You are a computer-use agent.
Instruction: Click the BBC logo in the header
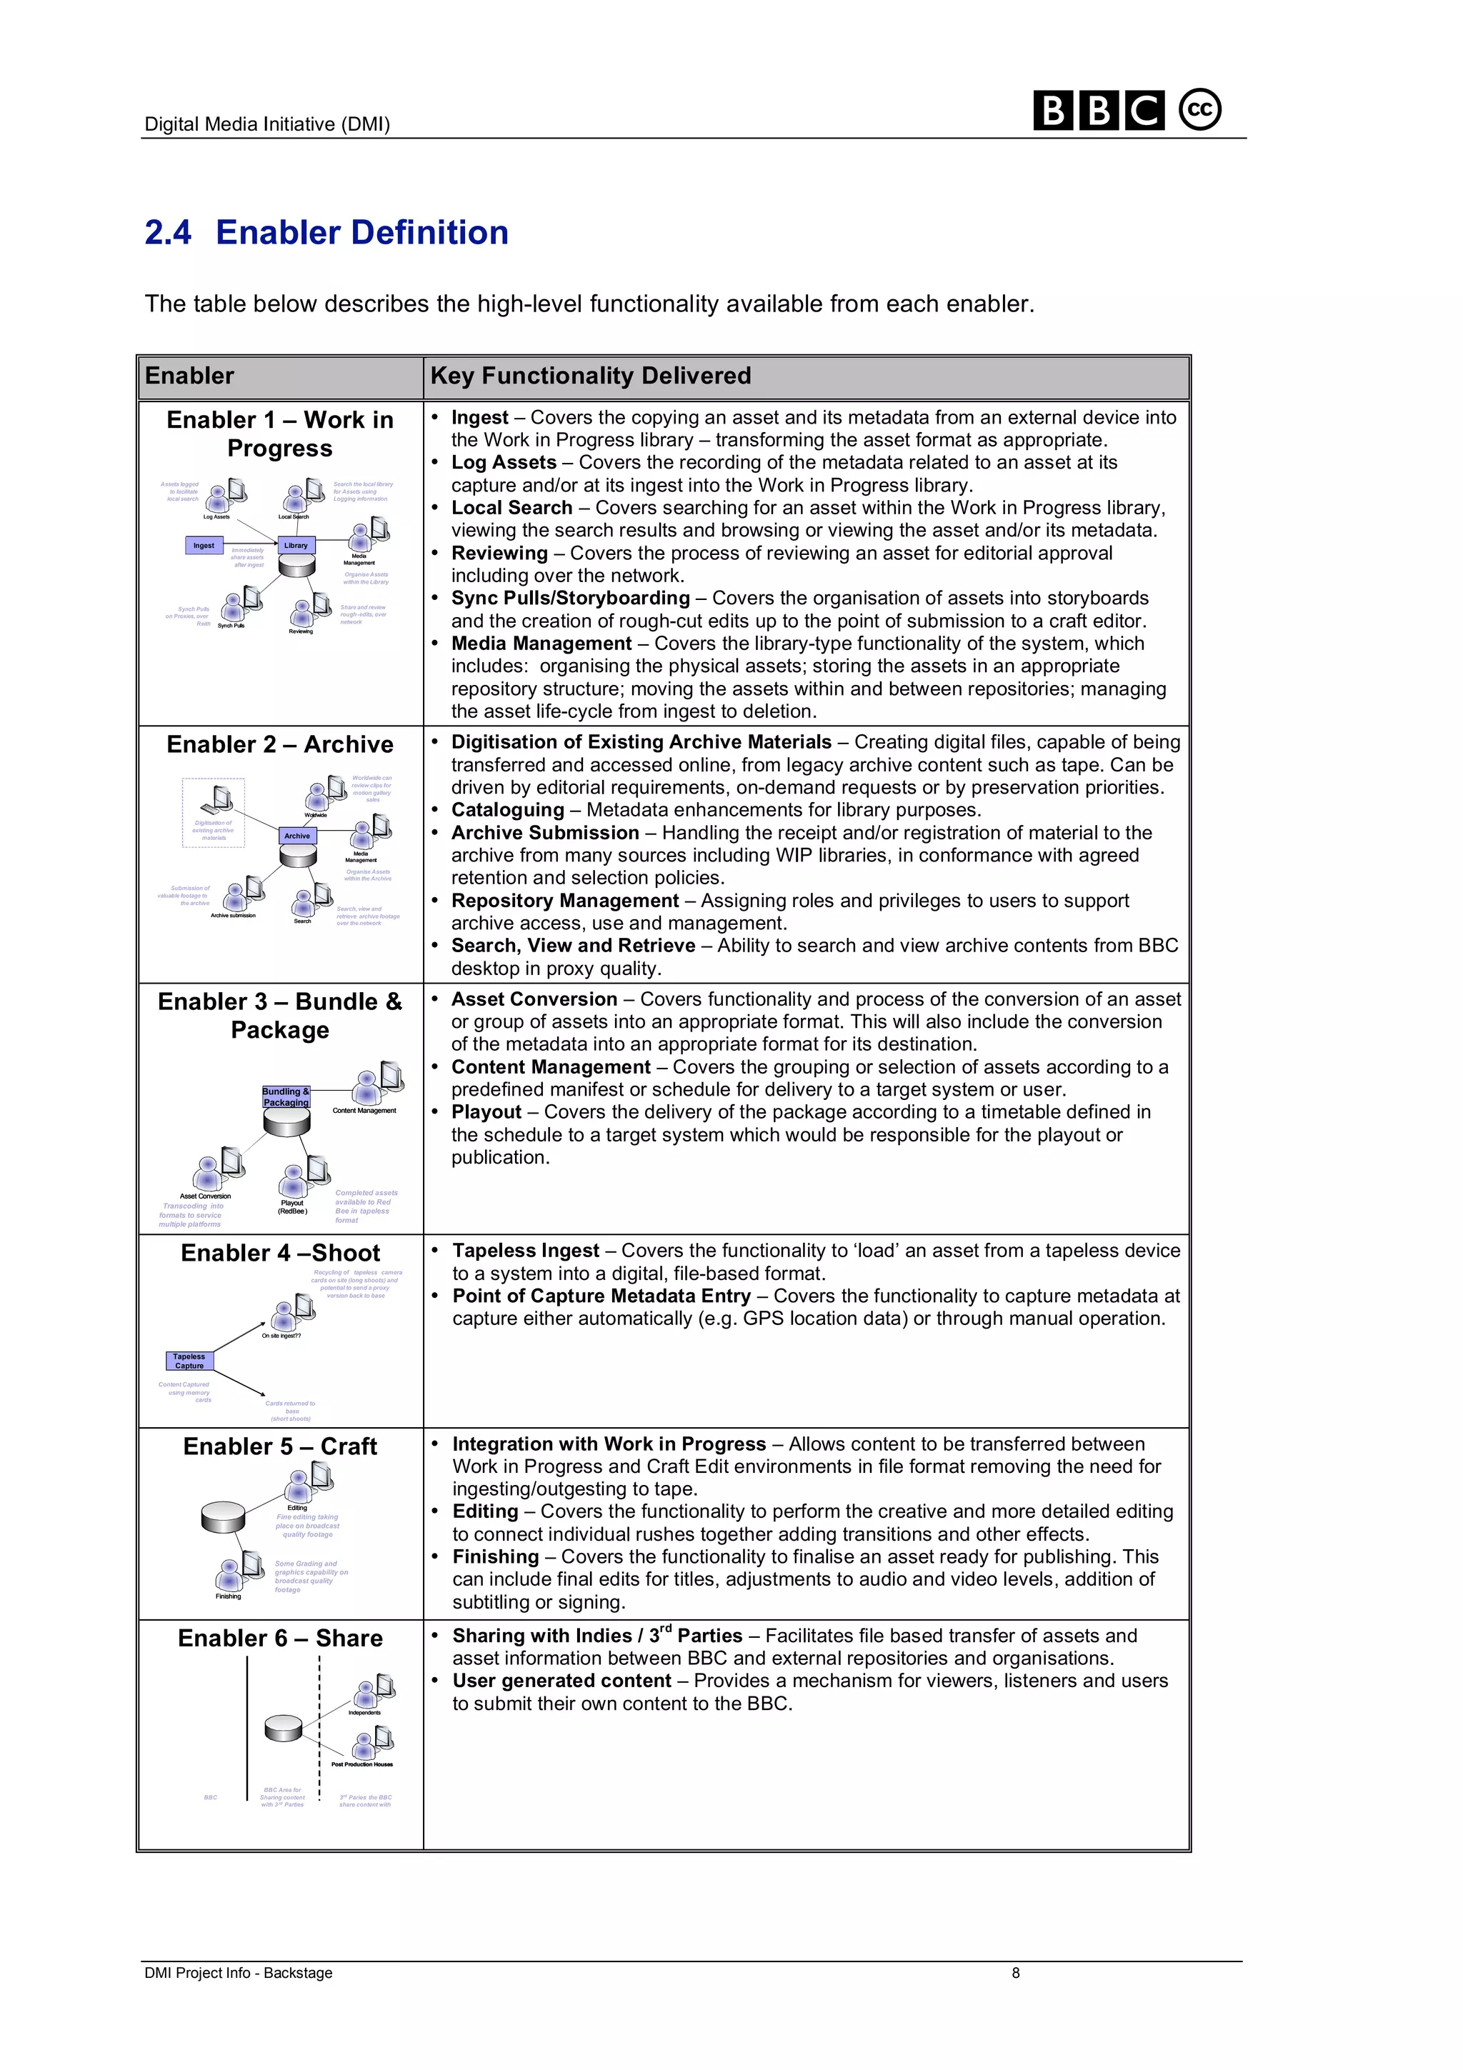1098,111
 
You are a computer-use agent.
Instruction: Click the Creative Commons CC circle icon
1200,110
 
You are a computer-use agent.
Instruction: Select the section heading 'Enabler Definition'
361,233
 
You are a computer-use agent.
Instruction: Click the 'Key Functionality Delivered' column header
591,376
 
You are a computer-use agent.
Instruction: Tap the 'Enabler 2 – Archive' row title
279,745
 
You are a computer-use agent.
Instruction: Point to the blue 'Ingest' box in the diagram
204,546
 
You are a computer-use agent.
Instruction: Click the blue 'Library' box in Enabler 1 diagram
296,546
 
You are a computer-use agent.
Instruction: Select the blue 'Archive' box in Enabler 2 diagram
297,836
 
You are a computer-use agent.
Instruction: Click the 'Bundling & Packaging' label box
286,1096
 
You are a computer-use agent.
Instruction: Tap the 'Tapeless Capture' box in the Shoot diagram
189,1361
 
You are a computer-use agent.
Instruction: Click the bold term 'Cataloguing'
507,811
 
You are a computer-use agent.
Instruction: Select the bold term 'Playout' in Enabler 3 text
486,1113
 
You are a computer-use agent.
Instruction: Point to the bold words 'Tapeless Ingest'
526,1251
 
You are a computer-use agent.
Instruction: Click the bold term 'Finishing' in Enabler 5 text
496,1557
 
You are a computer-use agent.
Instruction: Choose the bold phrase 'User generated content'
561,1681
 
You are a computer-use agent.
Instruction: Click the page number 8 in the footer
1015,1973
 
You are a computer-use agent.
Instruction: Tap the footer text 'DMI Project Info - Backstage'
238,1973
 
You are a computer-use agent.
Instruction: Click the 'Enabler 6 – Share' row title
279,1638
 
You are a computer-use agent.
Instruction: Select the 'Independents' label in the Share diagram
364,1712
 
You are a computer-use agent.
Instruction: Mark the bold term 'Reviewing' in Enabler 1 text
499,554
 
